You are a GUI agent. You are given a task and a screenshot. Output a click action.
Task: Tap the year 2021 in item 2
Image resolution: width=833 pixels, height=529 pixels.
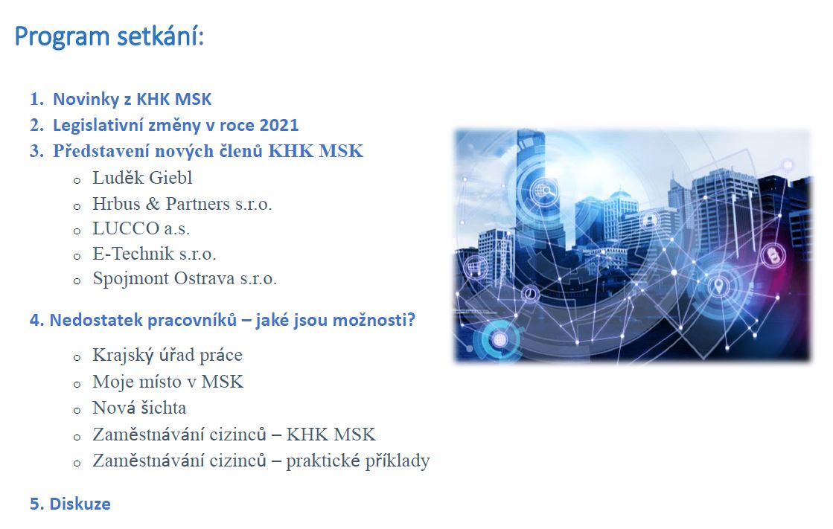(279, 125)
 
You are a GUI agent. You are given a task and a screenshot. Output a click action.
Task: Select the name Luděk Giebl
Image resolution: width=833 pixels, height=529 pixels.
(142, 178)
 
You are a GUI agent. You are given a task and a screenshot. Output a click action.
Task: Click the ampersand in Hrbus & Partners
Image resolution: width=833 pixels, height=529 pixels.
(153, 203)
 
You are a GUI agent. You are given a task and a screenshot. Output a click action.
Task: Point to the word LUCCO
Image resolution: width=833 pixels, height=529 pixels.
(126, 228)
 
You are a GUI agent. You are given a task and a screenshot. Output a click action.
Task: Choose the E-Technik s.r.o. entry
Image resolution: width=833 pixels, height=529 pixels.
(154, 254)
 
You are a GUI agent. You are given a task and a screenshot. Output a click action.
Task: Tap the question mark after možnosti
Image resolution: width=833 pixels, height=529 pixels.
(410, 320)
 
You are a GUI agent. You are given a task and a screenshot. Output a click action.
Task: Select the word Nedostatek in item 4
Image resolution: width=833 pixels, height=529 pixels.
(95, 320)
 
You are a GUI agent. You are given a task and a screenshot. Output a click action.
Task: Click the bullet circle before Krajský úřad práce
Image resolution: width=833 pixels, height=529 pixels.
(77, 358)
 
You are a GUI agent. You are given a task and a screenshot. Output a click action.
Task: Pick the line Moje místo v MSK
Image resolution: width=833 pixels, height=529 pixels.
(168, 382)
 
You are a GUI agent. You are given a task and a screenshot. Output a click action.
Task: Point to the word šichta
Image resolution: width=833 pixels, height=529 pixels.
(163, 408)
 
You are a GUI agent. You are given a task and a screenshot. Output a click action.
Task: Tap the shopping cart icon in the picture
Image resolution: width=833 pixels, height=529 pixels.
(476, 266)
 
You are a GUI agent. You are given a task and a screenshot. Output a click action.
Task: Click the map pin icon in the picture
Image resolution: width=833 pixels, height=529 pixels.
(719, 286)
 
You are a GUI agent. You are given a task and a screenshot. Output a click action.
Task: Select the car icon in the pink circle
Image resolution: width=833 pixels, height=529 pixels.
(773, 256)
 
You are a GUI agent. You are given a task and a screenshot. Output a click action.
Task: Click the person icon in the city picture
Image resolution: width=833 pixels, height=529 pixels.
(649, 220)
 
